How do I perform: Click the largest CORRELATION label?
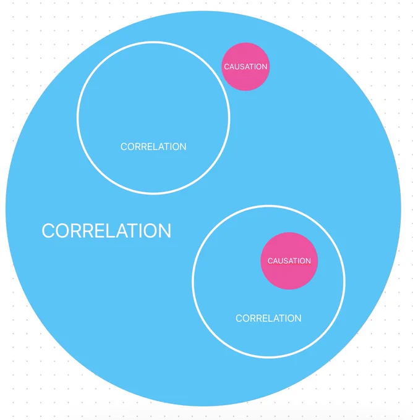tap(106, 230)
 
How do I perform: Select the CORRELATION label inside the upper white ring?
tap(153, 147)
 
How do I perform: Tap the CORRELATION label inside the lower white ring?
tap(268, 318)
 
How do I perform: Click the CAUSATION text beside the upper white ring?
tap(245, 67)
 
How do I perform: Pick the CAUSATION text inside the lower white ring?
tap(289, 261)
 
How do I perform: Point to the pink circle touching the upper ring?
tap(245, 67)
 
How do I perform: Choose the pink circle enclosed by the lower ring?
tap(289, 261)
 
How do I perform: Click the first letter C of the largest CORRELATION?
tap(48, 230)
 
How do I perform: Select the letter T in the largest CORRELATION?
tap(133, 230)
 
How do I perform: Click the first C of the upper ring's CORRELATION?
tap(124, 147)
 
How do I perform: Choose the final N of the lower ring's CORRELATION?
tap(298, 318)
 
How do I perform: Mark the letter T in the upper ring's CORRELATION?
tap(167, 147)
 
